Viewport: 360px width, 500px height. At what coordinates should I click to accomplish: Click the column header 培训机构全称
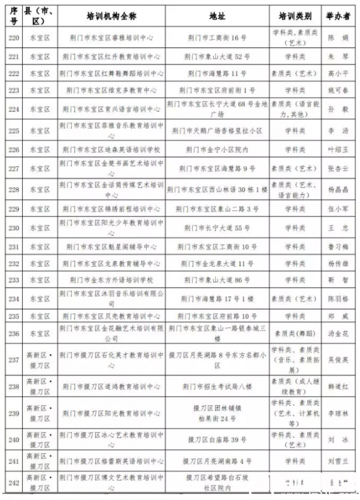[x=112, y=13]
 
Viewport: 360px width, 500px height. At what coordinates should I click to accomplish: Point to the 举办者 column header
[x=338, y=13]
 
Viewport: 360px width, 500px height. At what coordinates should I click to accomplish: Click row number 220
[x=13, y=37]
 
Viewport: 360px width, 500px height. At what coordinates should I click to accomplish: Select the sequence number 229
[x=13, y=209]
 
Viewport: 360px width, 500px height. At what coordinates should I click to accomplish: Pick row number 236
[x=13, y=333]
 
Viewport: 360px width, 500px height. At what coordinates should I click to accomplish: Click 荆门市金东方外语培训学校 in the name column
[x=112, y=280]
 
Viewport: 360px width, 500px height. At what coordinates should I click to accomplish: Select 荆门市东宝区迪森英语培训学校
[x=112, y=149]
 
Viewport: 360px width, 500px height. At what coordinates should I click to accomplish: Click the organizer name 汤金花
[x=338, y=333]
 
